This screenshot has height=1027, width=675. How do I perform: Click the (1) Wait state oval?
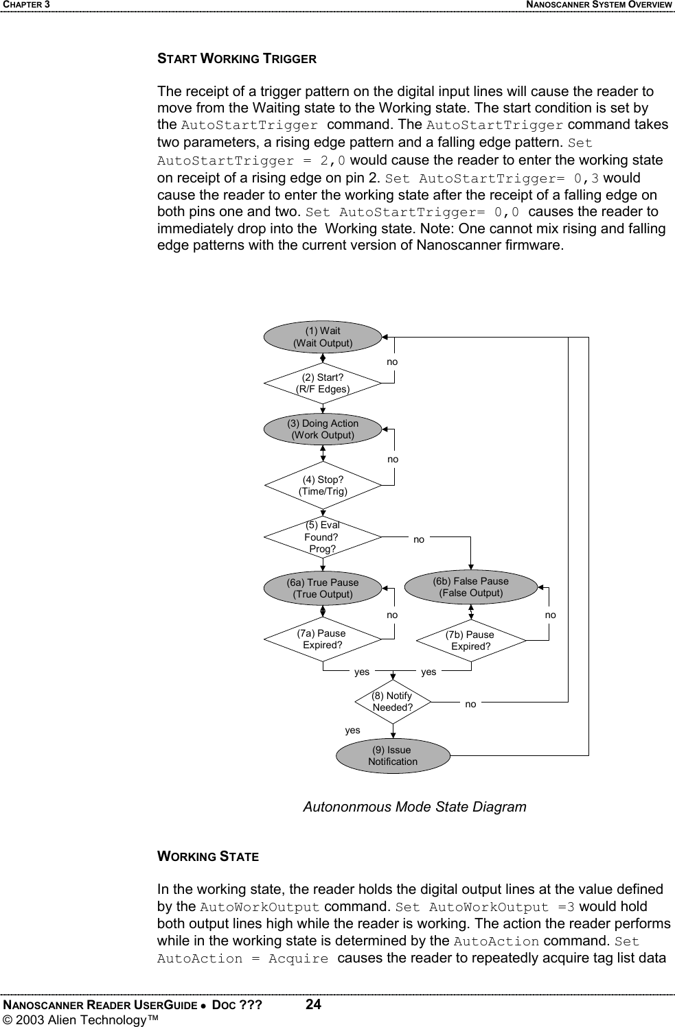tap(323, 337)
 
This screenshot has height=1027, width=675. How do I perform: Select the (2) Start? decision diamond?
tap(323, 383)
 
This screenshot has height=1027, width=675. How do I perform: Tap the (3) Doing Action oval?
tap(323, 429)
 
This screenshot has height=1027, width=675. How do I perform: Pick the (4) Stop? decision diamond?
tap(323, 486)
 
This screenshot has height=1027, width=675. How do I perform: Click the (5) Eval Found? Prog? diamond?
tap(323, 537)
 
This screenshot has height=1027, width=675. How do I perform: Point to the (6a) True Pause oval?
tap(323, 589)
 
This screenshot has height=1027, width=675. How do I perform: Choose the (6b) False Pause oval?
tap(471, 587)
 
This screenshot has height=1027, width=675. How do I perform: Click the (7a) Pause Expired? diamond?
tap(323, 639)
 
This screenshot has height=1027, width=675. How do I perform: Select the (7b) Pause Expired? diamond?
tap(471, 641)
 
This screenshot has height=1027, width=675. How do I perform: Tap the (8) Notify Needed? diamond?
tap(393, 702)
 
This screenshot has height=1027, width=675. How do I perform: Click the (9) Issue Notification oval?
tap(393, 756)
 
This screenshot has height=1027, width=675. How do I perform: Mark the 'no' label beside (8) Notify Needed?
tap(470, 705)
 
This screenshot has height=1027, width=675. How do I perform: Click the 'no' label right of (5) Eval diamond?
tap(419, 540)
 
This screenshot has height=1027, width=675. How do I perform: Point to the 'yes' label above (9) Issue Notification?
tap(352, 731)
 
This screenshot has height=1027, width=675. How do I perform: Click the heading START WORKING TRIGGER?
tap(237, 59)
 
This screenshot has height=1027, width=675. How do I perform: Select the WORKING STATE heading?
tap(208, 857)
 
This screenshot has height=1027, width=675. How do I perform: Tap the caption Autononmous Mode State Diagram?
tap(415, 807)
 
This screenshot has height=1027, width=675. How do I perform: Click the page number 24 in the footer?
tap(313, 1005)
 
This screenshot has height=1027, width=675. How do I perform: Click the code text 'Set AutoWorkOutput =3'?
tap(485, 907)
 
